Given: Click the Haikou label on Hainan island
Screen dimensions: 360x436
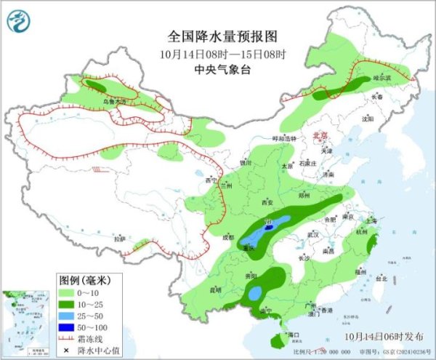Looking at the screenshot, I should (293, 334).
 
